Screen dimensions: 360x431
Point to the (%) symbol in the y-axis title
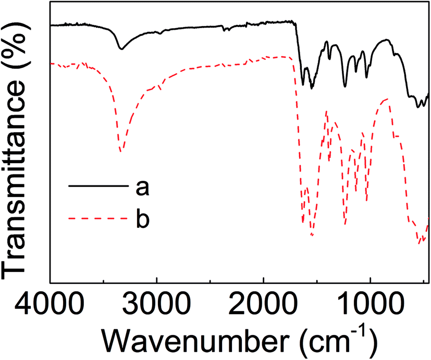[x=18, y=47]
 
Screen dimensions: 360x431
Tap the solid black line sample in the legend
[x=97, y=186]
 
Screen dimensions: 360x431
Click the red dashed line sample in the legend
[x=97, y=218]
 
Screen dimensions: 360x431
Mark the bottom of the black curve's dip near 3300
[x=121, y=49]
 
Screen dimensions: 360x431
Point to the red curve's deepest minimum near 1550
[x=312, y=235]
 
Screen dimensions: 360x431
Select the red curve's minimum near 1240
[x=345, y=225]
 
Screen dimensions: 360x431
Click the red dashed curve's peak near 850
[x=387, y=98]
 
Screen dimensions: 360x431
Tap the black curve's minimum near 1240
[x=345, y=86]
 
